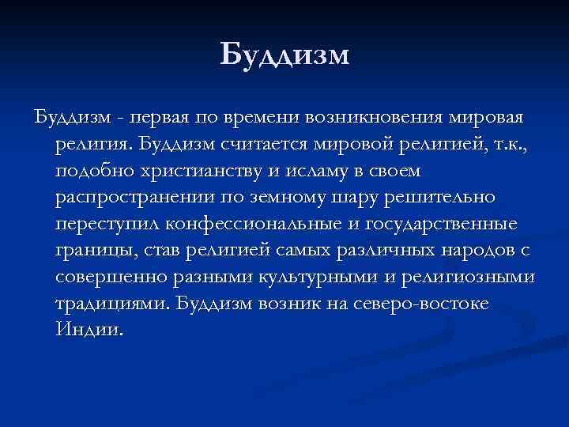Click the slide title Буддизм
(284, 55)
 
